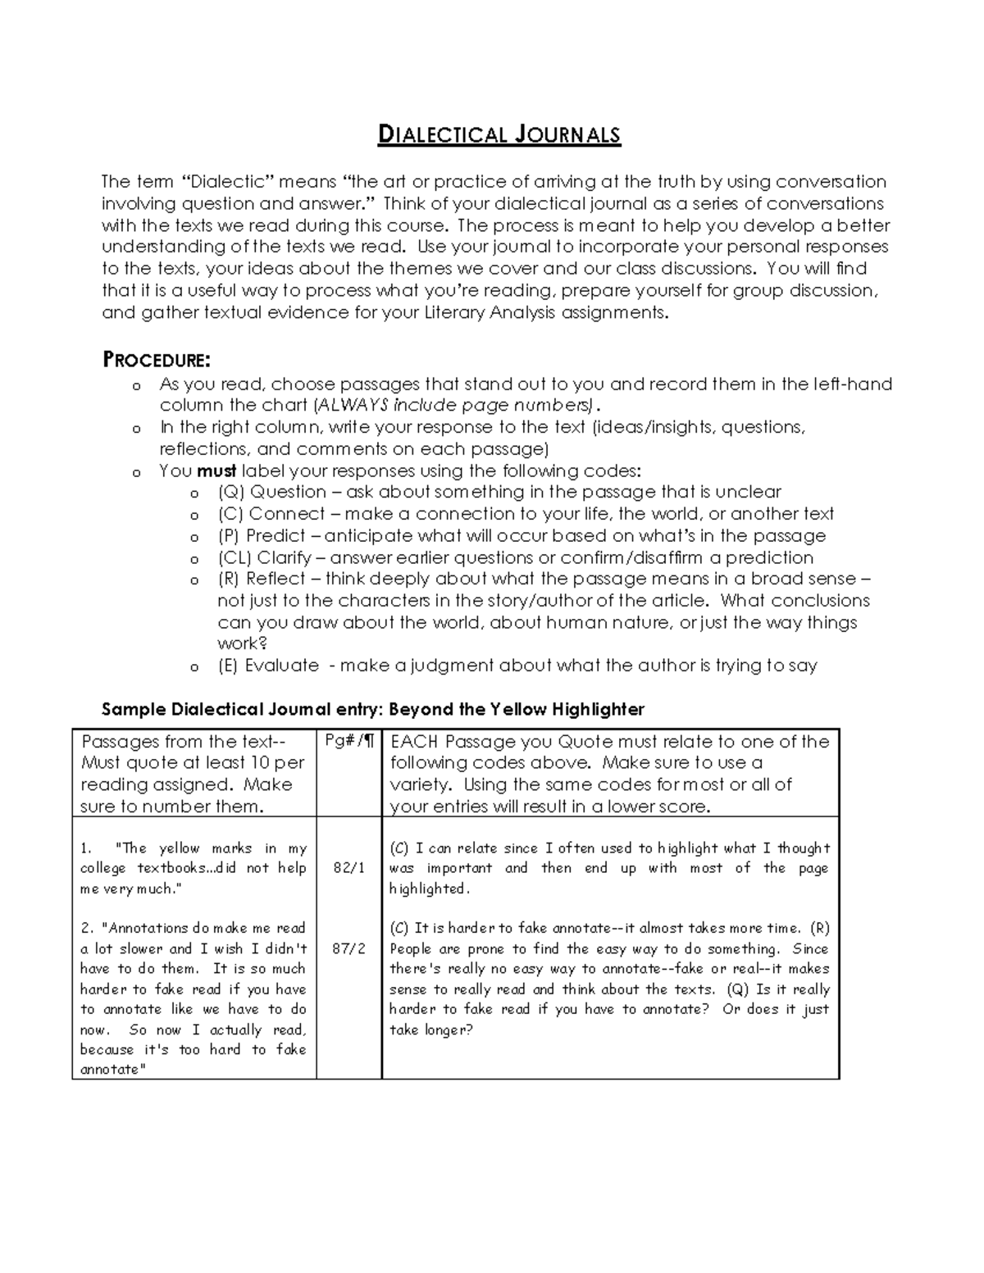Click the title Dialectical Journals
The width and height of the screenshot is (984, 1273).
pos(499,134)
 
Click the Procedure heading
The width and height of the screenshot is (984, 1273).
pos(156,360)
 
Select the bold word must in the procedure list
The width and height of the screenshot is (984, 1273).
pos(216,471)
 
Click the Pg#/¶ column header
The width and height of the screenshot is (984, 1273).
pos(349,741)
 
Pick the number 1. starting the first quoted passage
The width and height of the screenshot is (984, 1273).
pos(86,848)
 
